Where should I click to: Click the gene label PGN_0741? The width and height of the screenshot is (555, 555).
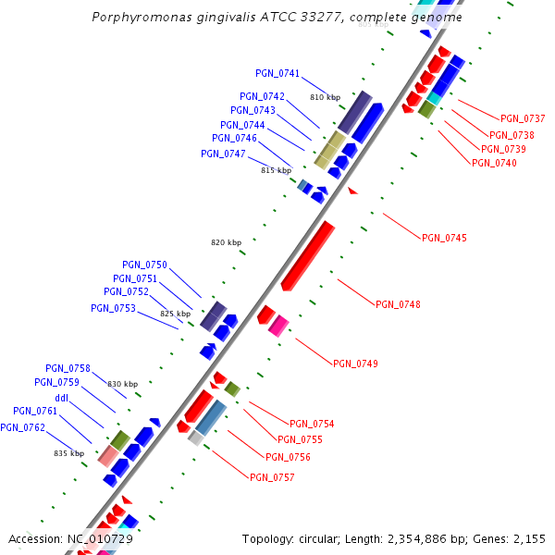pyautogui.click(x=277, y=73)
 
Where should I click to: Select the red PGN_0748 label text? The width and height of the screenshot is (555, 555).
pyautogui.click(x=398, y=304)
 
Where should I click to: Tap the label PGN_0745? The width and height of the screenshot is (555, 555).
pyautogui.click(x=444, y=239)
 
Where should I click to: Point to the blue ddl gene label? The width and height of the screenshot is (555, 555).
pyautogui.click(x=62, y=398)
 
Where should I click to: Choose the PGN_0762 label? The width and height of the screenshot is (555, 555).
pyautogui.click(x=22, y=427)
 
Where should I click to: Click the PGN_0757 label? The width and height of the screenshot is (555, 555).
pyautogui.click(x=272, y=477)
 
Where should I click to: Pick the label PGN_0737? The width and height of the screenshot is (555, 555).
pyautogui.click(x=523, y=118)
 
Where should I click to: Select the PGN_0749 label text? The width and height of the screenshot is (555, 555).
pyautogui.click(x=355, y=364)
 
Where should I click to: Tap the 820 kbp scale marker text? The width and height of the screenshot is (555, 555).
pyautogui.click(x=226, y=242)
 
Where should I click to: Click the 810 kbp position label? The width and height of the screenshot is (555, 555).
pyautogui.click(x=325, y=97)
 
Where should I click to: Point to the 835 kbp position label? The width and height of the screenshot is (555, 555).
pyautogui.click(x=68, y=453)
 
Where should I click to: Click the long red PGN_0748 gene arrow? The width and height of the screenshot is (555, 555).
pyautogui.click(x=308, y=255)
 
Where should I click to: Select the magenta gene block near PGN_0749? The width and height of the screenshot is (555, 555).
pyautogui.click(x=278, y=325)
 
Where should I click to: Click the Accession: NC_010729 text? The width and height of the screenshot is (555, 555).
pyautogui.click(x=70, y=538)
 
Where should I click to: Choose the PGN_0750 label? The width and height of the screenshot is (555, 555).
pyautogui.click(x=144, y=265)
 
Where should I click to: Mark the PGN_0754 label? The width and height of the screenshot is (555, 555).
pyautogui.click(x=312, y=424)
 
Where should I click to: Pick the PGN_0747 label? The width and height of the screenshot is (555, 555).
pyautogui.click(x=223, y=154)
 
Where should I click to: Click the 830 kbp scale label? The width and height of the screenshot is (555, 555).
pyautogui.click(x=122, y=384)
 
